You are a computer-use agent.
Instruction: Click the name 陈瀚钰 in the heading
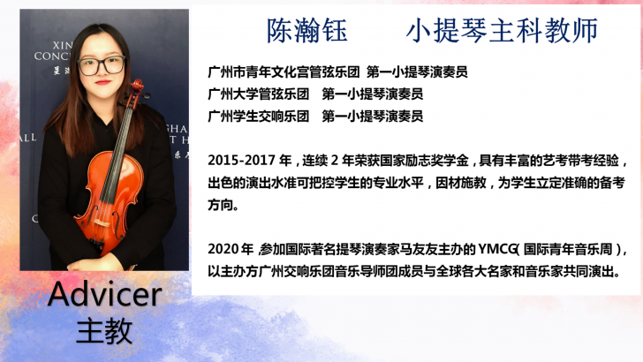[x=307, y=31]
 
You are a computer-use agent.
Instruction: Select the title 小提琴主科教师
[x=502, y=31]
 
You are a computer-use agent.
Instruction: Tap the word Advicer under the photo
[x=105, y=294]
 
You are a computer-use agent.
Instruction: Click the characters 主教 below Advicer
[x=104, y=331]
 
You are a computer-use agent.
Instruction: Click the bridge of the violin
[x=102, y=222]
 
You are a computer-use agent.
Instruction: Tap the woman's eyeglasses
[x=102, y=65]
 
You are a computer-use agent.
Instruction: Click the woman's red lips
[x=103, y=82]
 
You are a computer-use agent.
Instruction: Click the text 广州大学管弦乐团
[x=258, y=94]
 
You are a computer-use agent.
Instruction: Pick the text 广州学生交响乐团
[x=258, y=117]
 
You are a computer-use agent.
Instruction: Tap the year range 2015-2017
[x=241, y=161]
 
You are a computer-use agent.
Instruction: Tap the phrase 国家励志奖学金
[x=425, y=161]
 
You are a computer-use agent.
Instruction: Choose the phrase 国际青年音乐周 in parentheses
[x=568, y=249]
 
